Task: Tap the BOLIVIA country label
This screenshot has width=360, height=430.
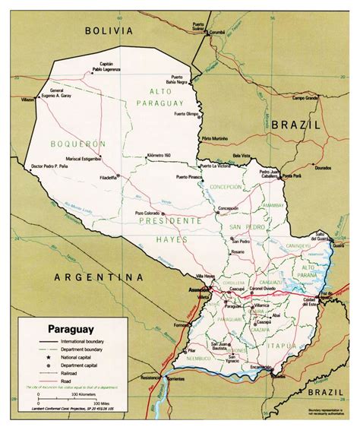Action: click(109, 31)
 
